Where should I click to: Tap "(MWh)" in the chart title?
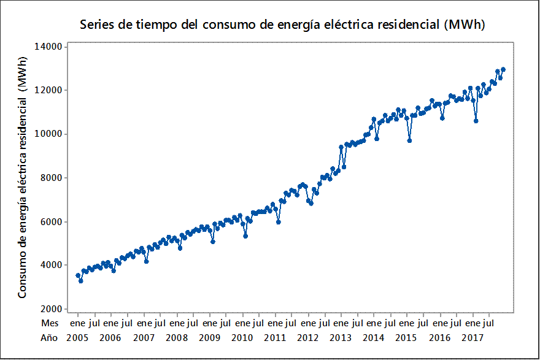466,25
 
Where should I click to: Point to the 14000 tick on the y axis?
48,47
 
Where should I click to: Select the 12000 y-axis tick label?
48,90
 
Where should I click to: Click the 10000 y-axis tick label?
48,134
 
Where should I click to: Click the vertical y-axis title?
22,178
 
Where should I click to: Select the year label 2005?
77,337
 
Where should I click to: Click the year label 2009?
209,337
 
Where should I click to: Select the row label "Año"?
49,337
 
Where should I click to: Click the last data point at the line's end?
503,69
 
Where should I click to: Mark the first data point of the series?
78,275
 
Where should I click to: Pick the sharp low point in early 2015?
409,140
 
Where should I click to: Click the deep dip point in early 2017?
476,121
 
